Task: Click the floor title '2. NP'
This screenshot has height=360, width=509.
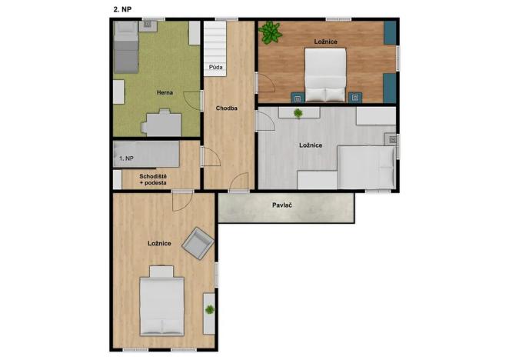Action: [x=121, y=9]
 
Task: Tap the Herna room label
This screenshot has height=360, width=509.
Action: [x=164, y=92]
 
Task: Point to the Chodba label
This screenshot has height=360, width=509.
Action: [x=226, y=108]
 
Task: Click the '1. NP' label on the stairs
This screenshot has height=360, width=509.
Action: [x=126, y=158]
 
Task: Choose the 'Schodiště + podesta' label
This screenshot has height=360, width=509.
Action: [x=153, y=180]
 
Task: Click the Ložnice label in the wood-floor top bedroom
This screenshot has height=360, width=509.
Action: [x=325, y=40]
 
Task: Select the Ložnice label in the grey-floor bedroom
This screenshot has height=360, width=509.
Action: [x=311, y=145]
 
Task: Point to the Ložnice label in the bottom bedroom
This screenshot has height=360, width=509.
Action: [x=159, y=243]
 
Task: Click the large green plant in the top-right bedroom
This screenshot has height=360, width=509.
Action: [x=270, y=33]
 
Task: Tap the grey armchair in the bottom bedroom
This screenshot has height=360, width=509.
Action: [x=198, y=245]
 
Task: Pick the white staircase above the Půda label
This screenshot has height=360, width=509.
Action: [x=215, y=42]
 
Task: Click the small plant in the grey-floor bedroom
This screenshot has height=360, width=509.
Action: [x=298, y=113]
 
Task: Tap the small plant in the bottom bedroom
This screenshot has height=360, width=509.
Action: [x=208, y=309]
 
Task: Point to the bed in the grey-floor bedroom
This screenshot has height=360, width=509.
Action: [x=366, y=166]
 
